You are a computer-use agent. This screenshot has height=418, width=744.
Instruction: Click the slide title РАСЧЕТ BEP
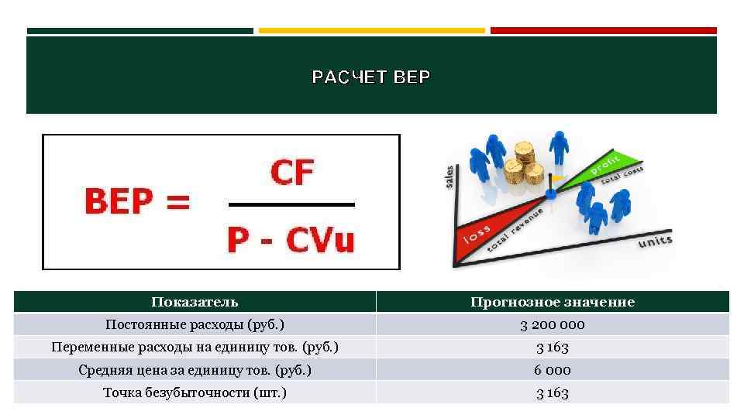tap(370, 77)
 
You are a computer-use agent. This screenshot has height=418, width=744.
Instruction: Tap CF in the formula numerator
tap(291, 173)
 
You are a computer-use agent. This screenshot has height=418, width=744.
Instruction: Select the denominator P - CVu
tap(291, 241)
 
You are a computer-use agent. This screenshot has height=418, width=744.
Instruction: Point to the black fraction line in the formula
tap(291, 205)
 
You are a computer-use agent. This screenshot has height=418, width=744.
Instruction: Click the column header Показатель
tap(195, 302)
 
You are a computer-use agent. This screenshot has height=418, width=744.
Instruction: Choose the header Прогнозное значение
tap(552, 302)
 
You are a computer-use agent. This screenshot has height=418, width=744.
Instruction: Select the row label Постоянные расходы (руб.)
tap(195, 324)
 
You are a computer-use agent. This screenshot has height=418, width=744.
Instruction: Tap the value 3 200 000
tap(552, 324)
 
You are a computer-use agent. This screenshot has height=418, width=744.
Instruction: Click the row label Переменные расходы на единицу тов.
tap(195, 347)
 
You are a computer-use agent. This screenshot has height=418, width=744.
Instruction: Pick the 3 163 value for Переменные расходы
tap(552, 348)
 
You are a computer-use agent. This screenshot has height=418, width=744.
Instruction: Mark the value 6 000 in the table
tap(552, 370)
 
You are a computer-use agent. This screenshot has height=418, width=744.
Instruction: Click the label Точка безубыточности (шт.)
tap(195, 392)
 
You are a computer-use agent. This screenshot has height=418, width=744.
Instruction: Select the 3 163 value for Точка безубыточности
tap(552, 393)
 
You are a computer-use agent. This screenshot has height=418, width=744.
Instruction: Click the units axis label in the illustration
tap(655, 242)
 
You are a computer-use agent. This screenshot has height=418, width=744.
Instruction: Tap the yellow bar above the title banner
tap(371, 31)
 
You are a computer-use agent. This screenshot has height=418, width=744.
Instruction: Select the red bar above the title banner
tap(604, 31)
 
